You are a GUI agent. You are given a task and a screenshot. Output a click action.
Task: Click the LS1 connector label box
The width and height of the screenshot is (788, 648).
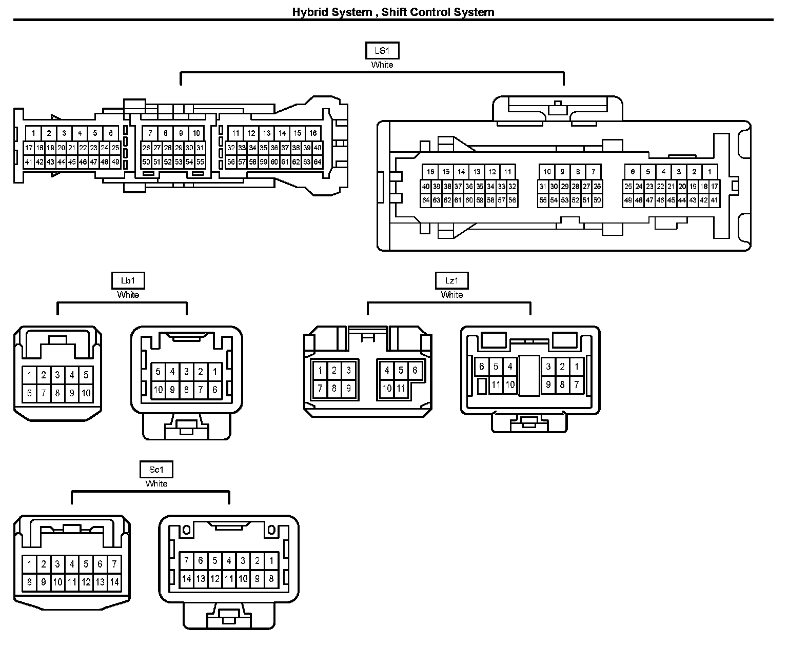(x=382, y=51)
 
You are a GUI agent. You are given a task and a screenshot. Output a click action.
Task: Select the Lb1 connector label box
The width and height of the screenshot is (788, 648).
(x=128, y=280)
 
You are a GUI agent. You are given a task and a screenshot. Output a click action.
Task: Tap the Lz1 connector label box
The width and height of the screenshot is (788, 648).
(x=451, y=280)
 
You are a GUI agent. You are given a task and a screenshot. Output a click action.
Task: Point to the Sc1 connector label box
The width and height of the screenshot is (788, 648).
(x=156, y=469)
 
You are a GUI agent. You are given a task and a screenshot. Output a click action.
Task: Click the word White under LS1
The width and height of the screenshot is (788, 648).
(x=382, y=65)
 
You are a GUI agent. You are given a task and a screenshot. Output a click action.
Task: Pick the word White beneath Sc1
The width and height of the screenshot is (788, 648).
(x=156, y=483)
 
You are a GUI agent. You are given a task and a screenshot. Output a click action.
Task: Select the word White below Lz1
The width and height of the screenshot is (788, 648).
(x=451, y=295)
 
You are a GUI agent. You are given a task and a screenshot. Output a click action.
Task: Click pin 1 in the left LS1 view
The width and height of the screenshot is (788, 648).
(x=33, y=133)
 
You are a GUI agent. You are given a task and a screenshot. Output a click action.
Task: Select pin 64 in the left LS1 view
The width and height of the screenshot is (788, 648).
(x=318, y=162)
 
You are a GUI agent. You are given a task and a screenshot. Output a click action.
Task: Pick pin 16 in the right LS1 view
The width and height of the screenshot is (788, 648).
(x=430, y=172)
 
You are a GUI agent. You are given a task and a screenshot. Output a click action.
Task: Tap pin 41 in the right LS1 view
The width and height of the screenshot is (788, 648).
(x=714, y=200)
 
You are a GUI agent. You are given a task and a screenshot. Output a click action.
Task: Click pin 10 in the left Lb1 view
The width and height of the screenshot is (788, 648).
(x=86, y=393)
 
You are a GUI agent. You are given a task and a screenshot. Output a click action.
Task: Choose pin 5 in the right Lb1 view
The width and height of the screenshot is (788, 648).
(x=158, y=372)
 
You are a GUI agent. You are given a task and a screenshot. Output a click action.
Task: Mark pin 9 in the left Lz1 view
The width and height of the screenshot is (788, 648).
(x=348, y=388)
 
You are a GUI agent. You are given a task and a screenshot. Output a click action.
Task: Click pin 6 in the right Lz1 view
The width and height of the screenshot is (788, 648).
(x=481, y=367)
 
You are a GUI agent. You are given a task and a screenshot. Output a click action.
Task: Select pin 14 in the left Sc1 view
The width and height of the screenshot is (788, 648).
(x=114, y=582)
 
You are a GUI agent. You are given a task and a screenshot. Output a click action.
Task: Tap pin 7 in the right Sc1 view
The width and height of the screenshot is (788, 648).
(x=186, y=560)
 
